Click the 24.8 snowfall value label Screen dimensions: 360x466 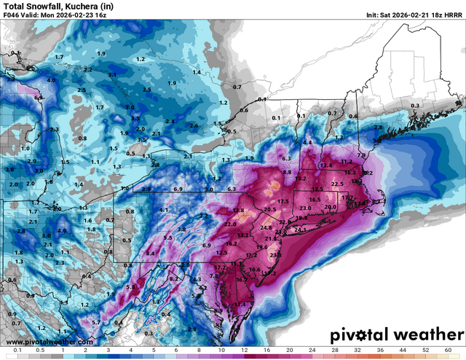pyautogui.click(x=266, y=227)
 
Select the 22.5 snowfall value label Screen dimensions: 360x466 pyautogui.click(x=337, y=184)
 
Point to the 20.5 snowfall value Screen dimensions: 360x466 pyautogui.click(x=270, y=210)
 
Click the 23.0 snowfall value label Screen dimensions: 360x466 pyautogui.click(x=305, y=209)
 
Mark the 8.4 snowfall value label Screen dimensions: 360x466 pyautogui.click(x=151, y=252)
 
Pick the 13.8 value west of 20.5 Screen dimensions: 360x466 pyautogui.click(x=238, y=211)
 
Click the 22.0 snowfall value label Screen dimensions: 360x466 pyautogui.click(x=231, y=224)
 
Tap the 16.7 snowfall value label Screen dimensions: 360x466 pyautogui.click(x=241, y=279)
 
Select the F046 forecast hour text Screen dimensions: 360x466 pyautogui.click(x=13, y=15)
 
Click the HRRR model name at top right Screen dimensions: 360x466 pyautogui.click(x=452, y=15)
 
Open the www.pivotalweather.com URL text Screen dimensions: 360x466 pyautogui.click(x=49, y=342)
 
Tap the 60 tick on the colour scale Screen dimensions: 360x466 pyautogui.click(x=446, y=351)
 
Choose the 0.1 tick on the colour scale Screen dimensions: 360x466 pyautogui.click(x=16, y=351)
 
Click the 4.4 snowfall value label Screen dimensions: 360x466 pyautogui.click(x=307, y=142)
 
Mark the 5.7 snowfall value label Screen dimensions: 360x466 pyautogui.click(x=96, y=322)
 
